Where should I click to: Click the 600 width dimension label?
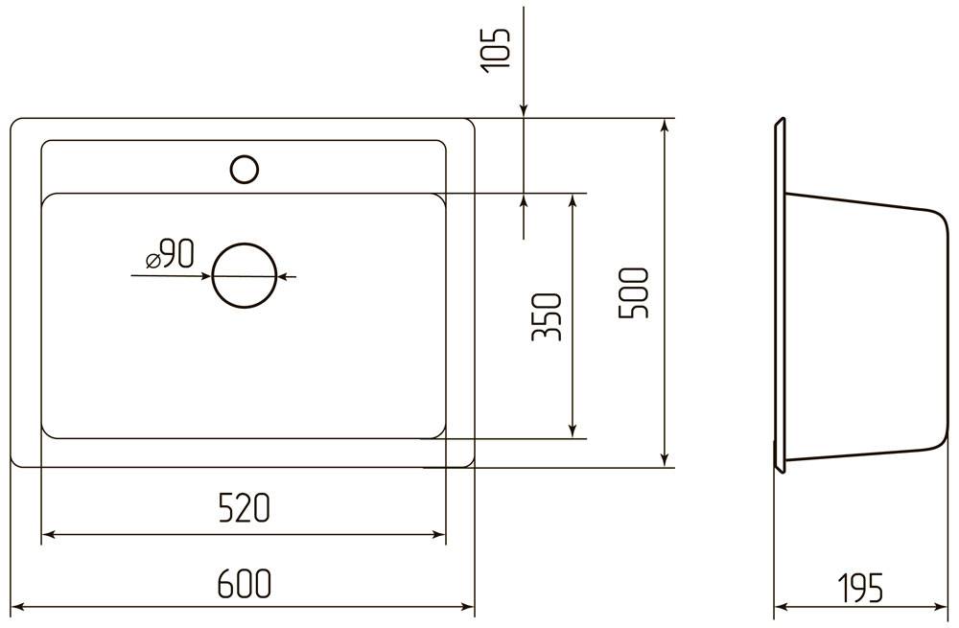point(244,583)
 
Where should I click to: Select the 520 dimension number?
point(244,509)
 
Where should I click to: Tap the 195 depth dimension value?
point(860,588)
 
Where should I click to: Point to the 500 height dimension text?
point(633,292)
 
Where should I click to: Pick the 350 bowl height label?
point(547,316)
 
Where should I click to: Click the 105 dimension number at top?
point(495,51)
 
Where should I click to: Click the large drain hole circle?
point(245,276)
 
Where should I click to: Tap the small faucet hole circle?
point(245,170)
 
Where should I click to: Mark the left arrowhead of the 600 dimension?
point(17,607)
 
